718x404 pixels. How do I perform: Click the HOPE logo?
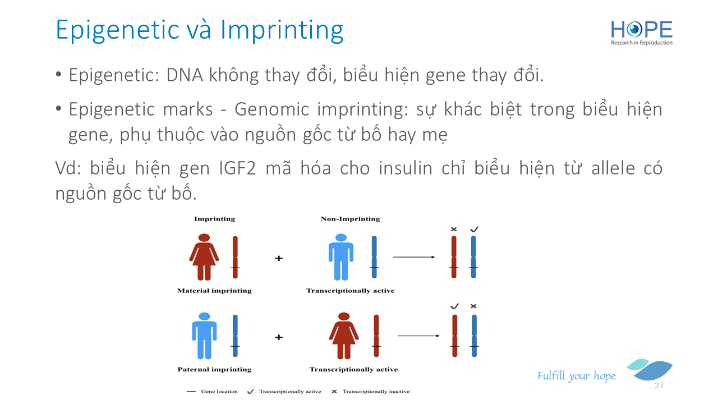tap(641, 33)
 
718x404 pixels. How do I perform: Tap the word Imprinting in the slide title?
tap(282, 31)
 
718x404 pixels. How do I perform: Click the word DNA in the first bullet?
tap(185, 75)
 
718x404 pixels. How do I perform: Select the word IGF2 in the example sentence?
tap(237, 168)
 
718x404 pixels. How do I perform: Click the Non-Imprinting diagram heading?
tap(351, 219)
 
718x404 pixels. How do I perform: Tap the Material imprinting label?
tap(214, 291)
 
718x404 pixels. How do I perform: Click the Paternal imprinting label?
tap(214, 369)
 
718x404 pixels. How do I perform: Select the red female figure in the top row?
tap(204, 257)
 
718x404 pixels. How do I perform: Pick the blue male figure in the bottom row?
tap(204, 336)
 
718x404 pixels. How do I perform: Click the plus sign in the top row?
tap(279, 258)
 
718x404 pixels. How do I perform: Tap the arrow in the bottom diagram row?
tap(418, 336)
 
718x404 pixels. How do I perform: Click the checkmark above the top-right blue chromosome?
tap(474, 229)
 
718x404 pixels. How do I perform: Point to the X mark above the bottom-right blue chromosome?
tap(473, 306)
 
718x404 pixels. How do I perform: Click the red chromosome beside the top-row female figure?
tap(235, 257)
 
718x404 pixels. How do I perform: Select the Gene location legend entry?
tap(212, 392)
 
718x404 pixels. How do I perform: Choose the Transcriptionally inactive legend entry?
tap(371, 392)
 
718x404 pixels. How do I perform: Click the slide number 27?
tap(659, 385)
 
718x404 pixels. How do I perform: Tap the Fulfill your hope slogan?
tap(576, 376)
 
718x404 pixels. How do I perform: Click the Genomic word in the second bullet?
tap(272, 109)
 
